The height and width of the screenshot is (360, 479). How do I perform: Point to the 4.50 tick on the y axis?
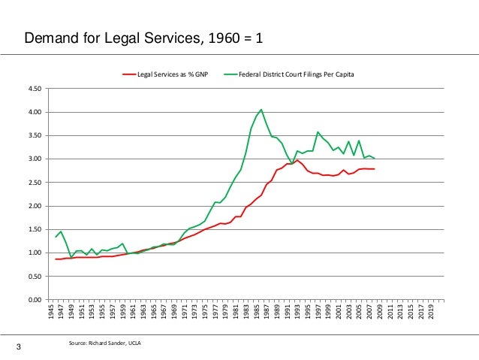pos(35,89)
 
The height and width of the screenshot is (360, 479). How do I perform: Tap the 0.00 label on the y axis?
pos(35,300)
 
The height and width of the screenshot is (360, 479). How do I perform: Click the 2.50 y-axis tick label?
pos(35,183)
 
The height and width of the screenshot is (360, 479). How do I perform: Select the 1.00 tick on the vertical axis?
pos(35,253)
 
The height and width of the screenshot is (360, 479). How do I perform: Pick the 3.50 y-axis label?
pos(35,136)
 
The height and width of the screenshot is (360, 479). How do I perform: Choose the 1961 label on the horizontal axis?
pos(134,312)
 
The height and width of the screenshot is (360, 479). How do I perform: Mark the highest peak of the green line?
pos(261,109)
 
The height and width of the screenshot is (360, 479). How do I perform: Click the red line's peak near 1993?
pos(298,160)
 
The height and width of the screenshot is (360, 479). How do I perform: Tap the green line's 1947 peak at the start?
pos(61,231)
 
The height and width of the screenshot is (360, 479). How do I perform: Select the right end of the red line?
pos(375,169)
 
